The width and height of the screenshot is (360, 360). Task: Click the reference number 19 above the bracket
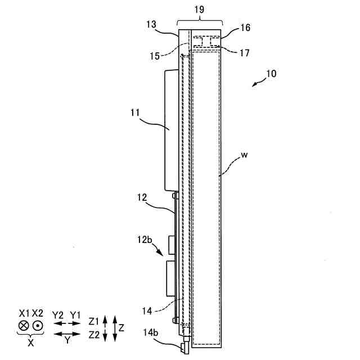click(200, 10)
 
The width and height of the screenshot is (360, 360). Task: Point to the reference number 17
click(244, 53)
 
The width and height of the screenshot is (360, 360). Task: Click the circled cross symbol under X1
click(23, 326)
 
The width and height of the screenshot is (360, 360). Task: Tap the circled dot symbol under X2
click(38, 326)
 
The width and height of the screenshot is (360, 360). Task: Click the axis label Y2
click(57, 313)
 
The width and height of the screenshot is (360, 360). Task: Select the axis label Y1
click(75, 313)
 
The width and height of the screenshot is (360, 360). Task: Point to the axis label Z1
click(93, 320)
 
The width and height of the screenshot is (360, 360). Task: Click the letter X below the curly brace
click(30, 343)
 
